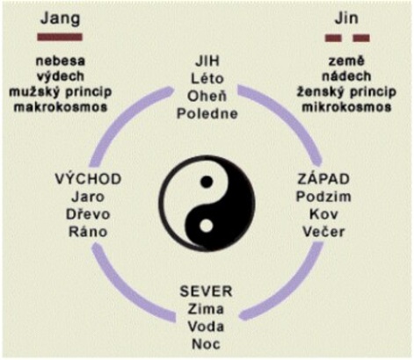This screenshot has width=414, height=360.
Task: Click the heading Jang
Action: (61, 19)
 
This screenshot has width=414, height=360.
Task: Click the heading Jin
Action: (346, 18)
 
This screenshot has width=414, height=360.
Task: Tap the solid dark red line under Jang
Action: (60, 37)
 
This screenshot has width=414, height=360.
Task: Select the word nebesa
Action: (61, 61)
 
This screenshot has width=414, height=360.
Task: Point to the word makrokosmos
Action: (61, 107)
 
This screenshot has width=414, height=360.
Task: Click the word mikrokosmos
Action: (346, 107)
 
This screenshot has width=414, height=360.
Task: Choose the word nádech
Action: (346, 76)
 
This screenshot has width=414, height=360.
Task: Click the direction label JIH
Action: (207, 61)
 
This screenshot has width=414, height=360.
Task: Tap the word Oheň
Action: (207, 96)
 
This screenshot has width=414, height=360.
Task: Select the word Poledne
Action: (207, 113)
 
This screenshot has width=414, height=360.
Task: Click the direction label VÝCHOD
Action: (88, 179)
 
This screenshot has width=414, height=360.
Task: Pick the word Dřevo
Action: (88, 214)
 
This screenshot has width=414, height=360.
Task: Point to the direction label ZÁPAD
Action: (323, 179)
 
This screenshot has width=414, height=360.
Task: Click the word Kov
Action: (323, 214)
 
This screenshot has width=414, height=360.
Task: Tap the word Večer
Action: (323, 232)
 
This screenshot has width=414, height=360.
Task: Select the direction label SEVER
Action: (206, 292)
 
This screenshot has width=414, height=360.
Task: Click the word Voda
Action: (206, 327)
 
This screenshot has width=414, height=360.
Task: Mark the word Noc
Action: (206, 344)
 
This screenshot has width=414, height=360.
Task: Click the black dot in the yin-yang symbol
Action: (207, 182)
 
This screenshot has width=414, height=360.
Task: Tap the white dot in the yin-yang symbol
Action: (207, 227)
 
